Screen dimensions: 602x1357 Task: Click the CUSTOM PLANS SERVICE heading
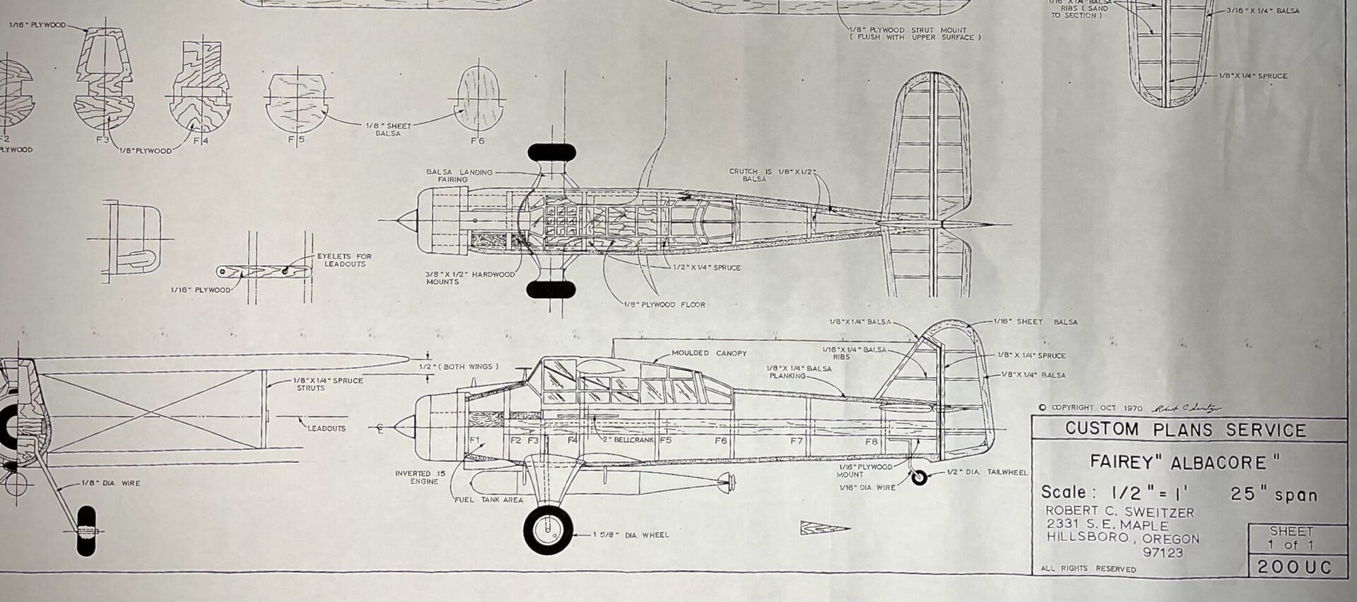(1185, 430)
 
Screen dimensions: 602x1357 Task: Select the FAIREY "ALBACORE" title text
(1185, 463)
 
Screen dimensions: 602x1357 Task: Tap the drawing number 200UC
(1291, 567)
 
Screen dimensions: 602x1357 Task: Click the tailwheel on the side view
(919, 478)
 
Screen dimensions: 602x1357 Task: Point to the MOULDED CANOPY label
(708, 353)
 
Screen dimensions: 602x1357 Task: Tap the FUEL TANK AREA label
(488, 500)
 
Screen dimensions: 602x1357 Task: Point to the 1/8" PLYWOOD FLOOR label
(664, 305)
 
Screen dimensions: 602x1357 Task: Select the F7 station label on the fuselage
(796, 441)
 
